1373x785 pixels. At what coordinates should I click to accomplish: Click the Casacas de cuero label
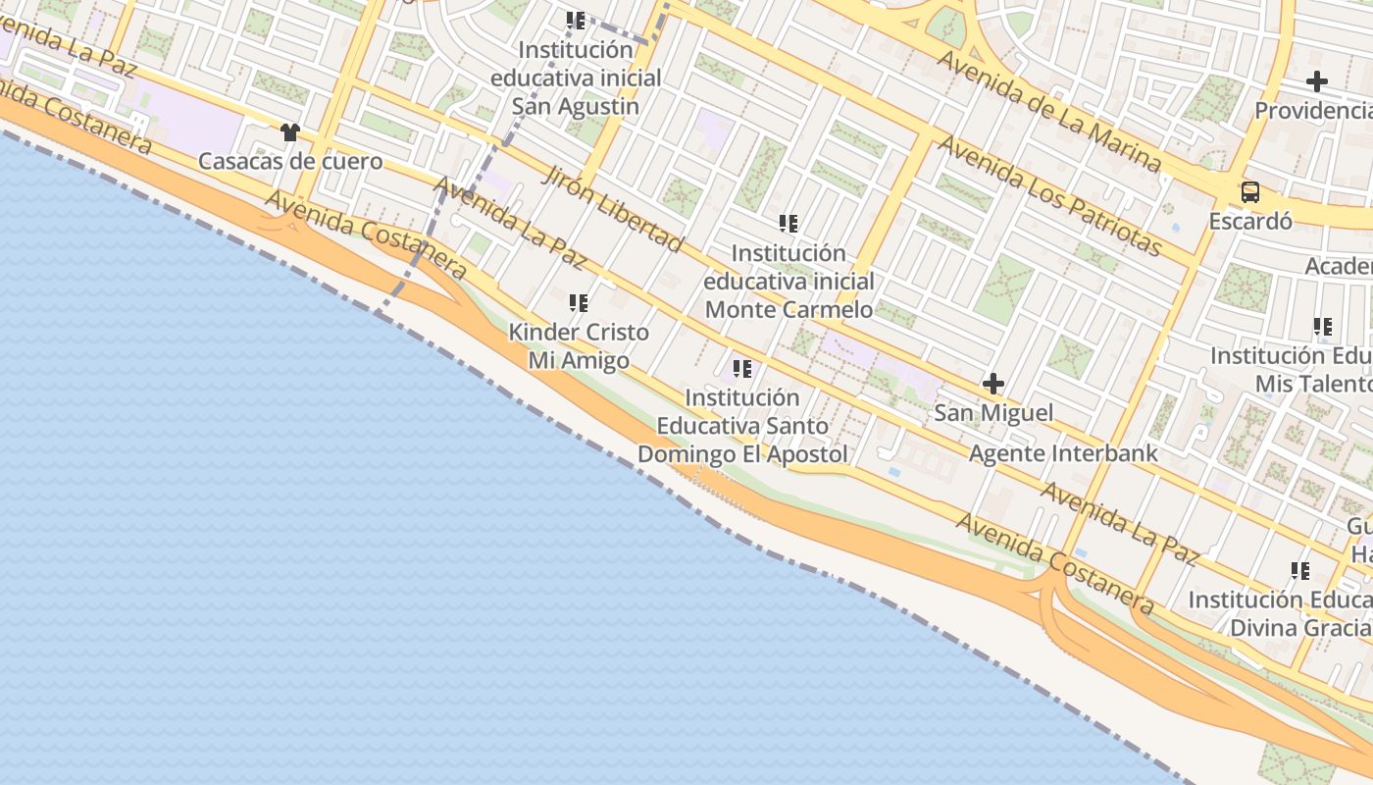click(290, 161)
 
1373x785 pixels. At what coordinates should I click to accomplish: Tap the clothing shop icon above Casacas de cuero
click(289, 132)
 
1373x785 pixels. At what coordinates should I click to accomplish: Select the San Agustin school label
click(577, 78)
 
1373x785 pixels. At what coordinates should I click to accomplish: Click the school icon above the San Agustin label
click(576, 20)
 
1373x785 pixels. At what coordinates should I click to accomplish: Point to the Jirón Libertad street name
click(612, 208)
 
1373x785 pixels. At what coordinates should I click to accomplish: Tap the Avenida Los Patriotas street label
click(1050, 195)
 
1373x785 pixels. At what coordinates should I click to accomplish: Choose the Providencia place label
click(1313, 110)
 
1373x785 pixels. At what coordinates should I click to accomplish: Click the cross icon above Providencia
click(1317, 81)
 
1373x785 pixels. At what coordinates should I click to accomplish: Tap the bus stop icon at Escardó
click(1249, 192)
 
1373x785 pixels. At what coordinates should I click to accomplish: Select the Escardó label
click(1249, 221)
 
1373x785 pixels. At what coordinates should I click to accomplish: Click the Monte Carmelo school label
click(788, 282)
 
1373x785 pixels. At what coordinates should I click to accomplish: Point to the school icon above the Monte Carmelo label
click(788, 224)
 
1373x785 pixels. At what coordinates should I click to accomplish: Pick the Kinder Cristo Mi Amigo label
click(579, 346)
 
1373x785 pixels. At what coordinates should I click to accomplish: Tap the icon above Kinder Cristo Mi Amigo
click(579, 303)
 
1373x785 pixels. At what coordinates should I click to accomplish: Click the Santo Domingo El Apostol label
click(742, 426)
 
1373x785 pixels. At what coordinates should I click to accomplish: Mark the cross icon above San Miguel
click(993, 384)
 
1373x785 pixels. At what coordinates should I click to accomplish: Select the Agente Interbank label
click(1063, 453)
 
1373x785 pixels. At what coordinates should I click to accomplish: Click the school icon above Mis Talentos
click(1322, 327)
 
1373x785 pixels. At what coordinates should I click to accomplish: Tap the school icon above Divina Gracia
click(1300, 570)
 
